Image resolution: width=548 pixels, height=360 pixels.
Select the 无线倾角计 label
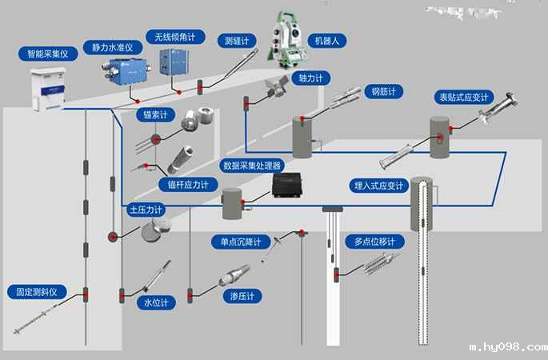175,38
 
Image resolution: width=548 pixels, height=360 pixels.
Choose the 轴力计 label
310,78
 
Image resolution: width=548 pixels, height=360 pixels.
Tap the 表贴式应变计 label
463,98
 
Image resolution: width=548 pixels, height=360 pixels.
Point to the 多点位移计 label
374,241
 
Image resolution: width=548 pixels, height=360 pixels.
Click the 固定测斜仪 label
37,292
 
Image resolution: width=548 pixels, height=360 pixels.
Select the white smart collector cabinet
46,88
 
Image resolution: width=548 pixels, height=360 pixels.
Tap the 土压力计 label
146,210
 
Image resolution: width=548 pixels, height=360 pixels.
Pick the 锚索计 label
155,114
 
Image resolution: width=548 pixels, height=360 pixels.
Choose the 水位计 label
155,303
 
